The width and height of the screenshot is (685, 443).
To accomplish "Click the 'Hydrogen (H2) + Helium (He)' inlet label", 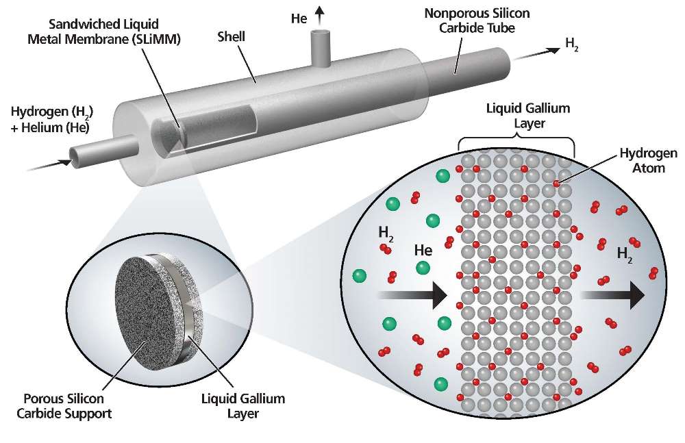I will [x=52, y=119].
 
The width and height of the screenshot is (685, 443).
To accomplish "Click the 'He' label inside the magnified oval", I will [x=422, y=251].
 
